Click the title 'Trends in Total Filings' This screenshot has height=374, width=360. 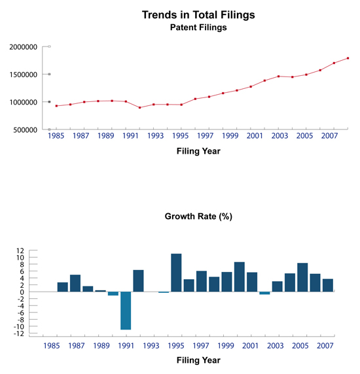click(198, 15)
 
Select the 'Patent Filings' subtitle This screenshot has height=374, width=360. click(198, 27)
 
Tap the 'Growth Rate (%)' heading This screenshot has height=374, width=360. click(198, 216)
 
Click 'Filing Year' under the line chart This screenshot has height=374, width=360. click(198, 151)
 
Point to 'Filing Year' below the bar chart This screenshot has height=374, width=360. click(198, 360)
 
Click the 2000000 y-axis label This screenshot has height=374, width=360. click(24, 47)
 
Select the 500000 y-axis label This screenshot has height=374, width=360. click(26, 130)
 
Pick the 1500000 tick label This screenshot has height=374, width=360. click(24, 75)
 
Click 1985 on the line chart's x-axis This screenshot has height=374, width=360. click(56, 136)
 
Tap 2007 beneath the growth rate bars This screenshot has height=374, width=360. click(325, 346)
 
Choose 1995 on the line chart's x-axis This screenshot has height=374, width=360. click(181, 136)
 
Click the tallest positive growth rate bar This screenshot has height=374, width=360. click(176, 273)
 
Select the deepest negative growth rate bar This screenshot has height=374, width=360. click(126, 311)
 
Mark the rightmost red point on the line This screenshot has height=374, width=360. click(348, 58)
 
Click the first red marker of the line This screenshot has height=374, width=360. click(56, 106)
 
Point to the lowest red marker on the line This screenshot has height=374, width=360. click(139, 108)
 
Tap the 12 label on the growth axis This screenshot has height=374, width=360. click(20, 250)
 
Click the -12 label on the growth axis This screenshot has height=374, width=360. click(19, 333)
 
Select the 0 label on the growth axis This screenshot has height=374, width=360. click(22, 292)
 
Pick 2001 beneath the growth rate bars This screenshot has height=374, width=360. click(250, 346)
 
